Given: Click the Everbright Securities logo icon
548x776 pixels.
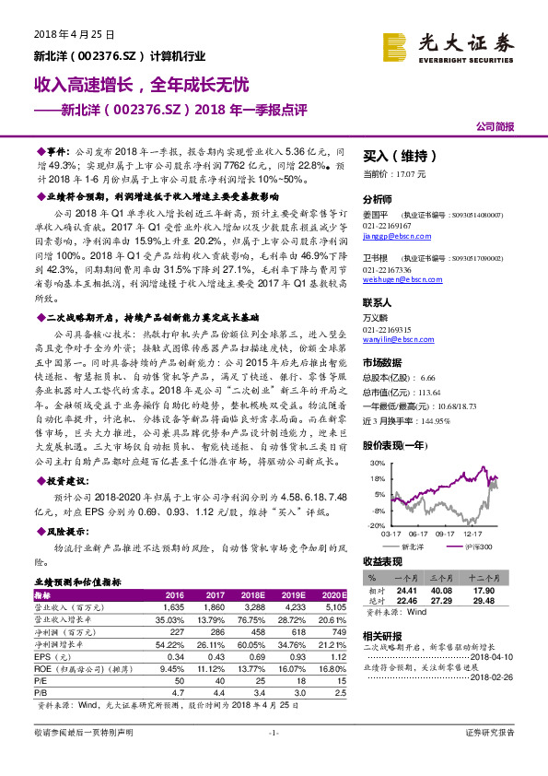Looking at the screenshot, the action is (397, 45).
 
